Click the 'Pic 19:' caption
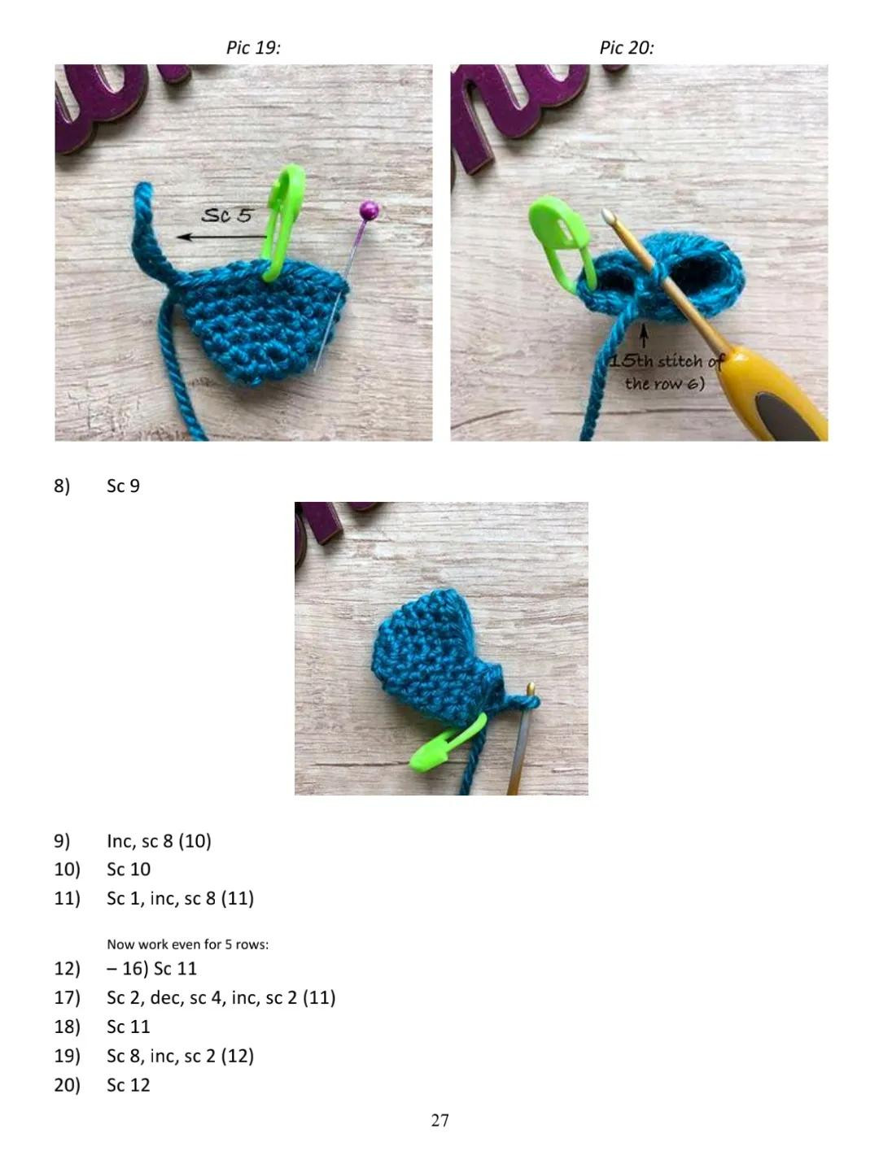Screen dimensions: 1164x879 253,48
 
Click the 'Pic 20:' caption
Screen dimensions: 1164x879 627,48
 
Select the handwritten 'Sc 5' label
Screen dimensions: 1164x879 227,216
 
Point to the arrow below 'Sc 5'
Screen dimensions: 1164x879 216,237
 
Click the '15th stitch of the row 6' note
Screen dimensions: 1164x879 666,372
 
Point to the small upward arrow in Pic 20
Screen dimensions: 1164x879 644,336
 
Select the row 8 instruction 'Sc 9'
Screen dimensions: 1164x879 124,486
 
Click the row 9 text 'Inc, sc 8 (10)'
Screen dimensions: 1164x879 159,841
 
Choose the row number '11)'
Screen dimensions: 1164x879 67,898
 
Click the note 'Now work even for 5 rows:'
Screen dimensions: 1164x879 187,944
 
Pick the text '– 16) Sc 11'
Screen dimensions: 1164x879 151,969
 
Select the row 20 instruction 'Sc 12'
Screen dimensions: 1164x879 129,1085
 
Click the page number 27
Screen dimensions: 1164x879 439,1121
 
